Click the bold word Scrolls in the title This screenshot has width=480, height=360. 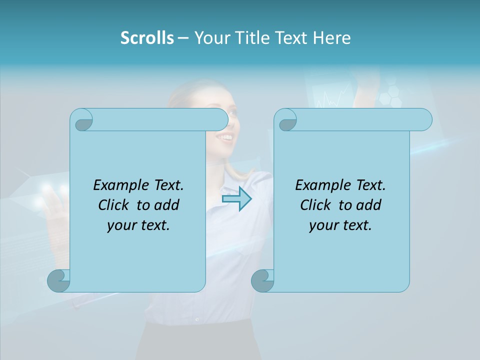[147, 38]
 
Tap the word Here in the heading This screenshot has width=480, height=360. [332, 38]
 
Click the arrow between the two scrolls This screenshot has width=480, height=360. [236, 198]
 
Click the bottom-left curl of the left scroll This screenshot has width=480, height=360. [58, 280]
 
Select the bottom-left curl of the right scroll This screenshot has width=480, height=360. [262, 280]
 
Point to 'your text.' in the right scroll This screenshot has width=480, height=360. [340, 225]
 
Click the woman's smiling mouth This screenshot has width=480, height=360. [227, 136]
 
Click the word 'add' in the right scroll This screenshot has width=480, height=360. [369, 205]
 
